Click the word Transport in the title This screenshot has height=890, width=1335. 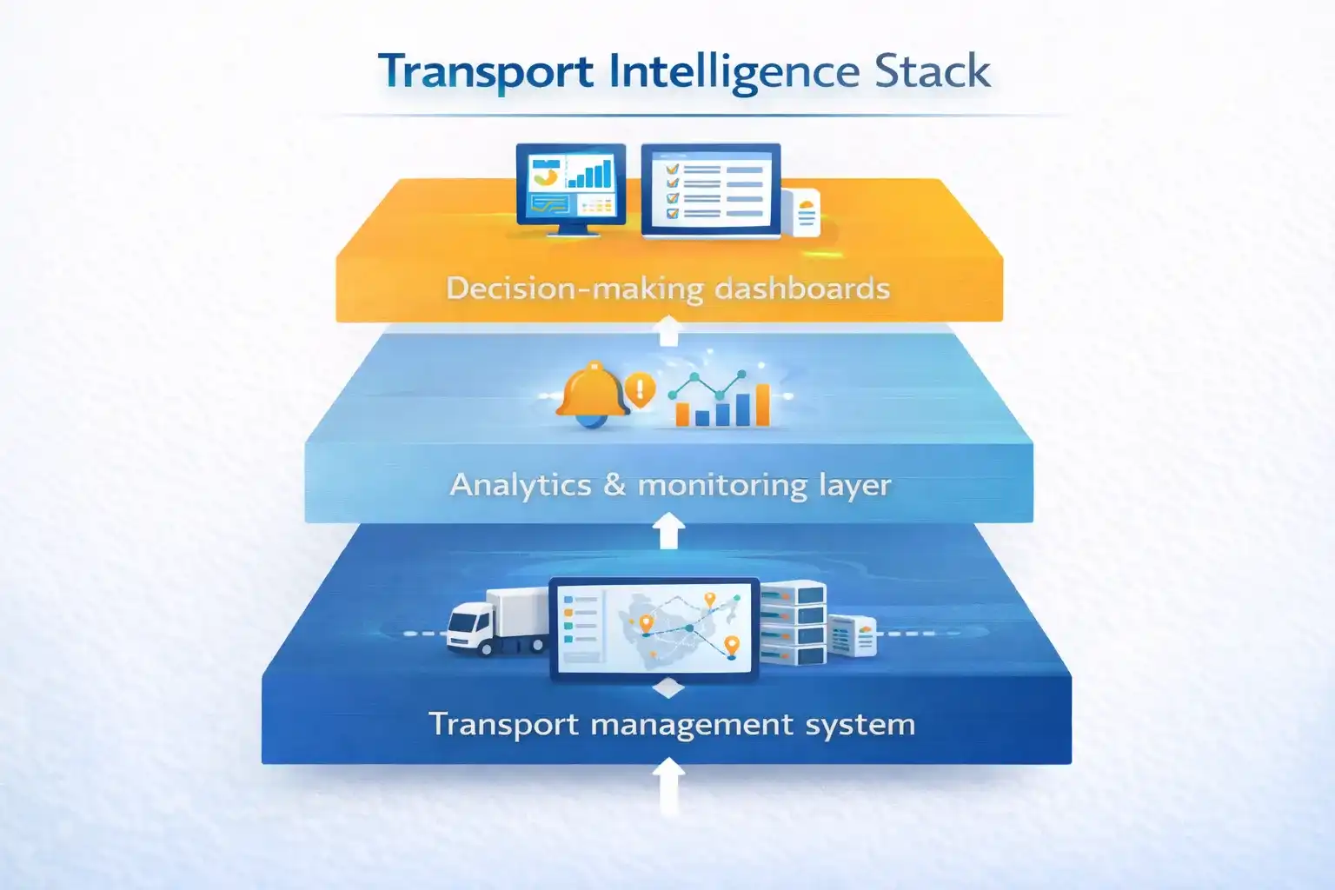pyautogui.click(x=486, y=71)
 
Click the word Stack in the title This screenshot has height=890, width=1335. pyautogui.click(x=932, y=71)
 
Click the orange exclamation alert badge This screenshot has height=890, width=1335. pyautogui.click(x=641, y=388)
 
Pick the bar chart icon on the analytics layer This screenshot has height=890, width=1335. pyautogui.click(x=721, y=401)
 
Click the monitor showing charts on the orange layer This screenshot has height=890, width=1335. pyautogui.click(x=570, y=188)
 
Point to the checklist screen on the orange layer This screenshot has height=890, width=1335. pyautogui.click(x=711, y=189)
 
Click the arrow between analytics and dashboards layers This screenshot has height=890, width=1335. pyautogui.click(x=667, y=332)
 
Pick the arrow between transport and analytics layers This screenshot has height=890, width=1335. pyautogui.click(x=667, y=530)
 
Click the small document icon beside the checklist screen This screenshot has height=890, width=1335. pyautogui.click(x=806, y=212)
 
